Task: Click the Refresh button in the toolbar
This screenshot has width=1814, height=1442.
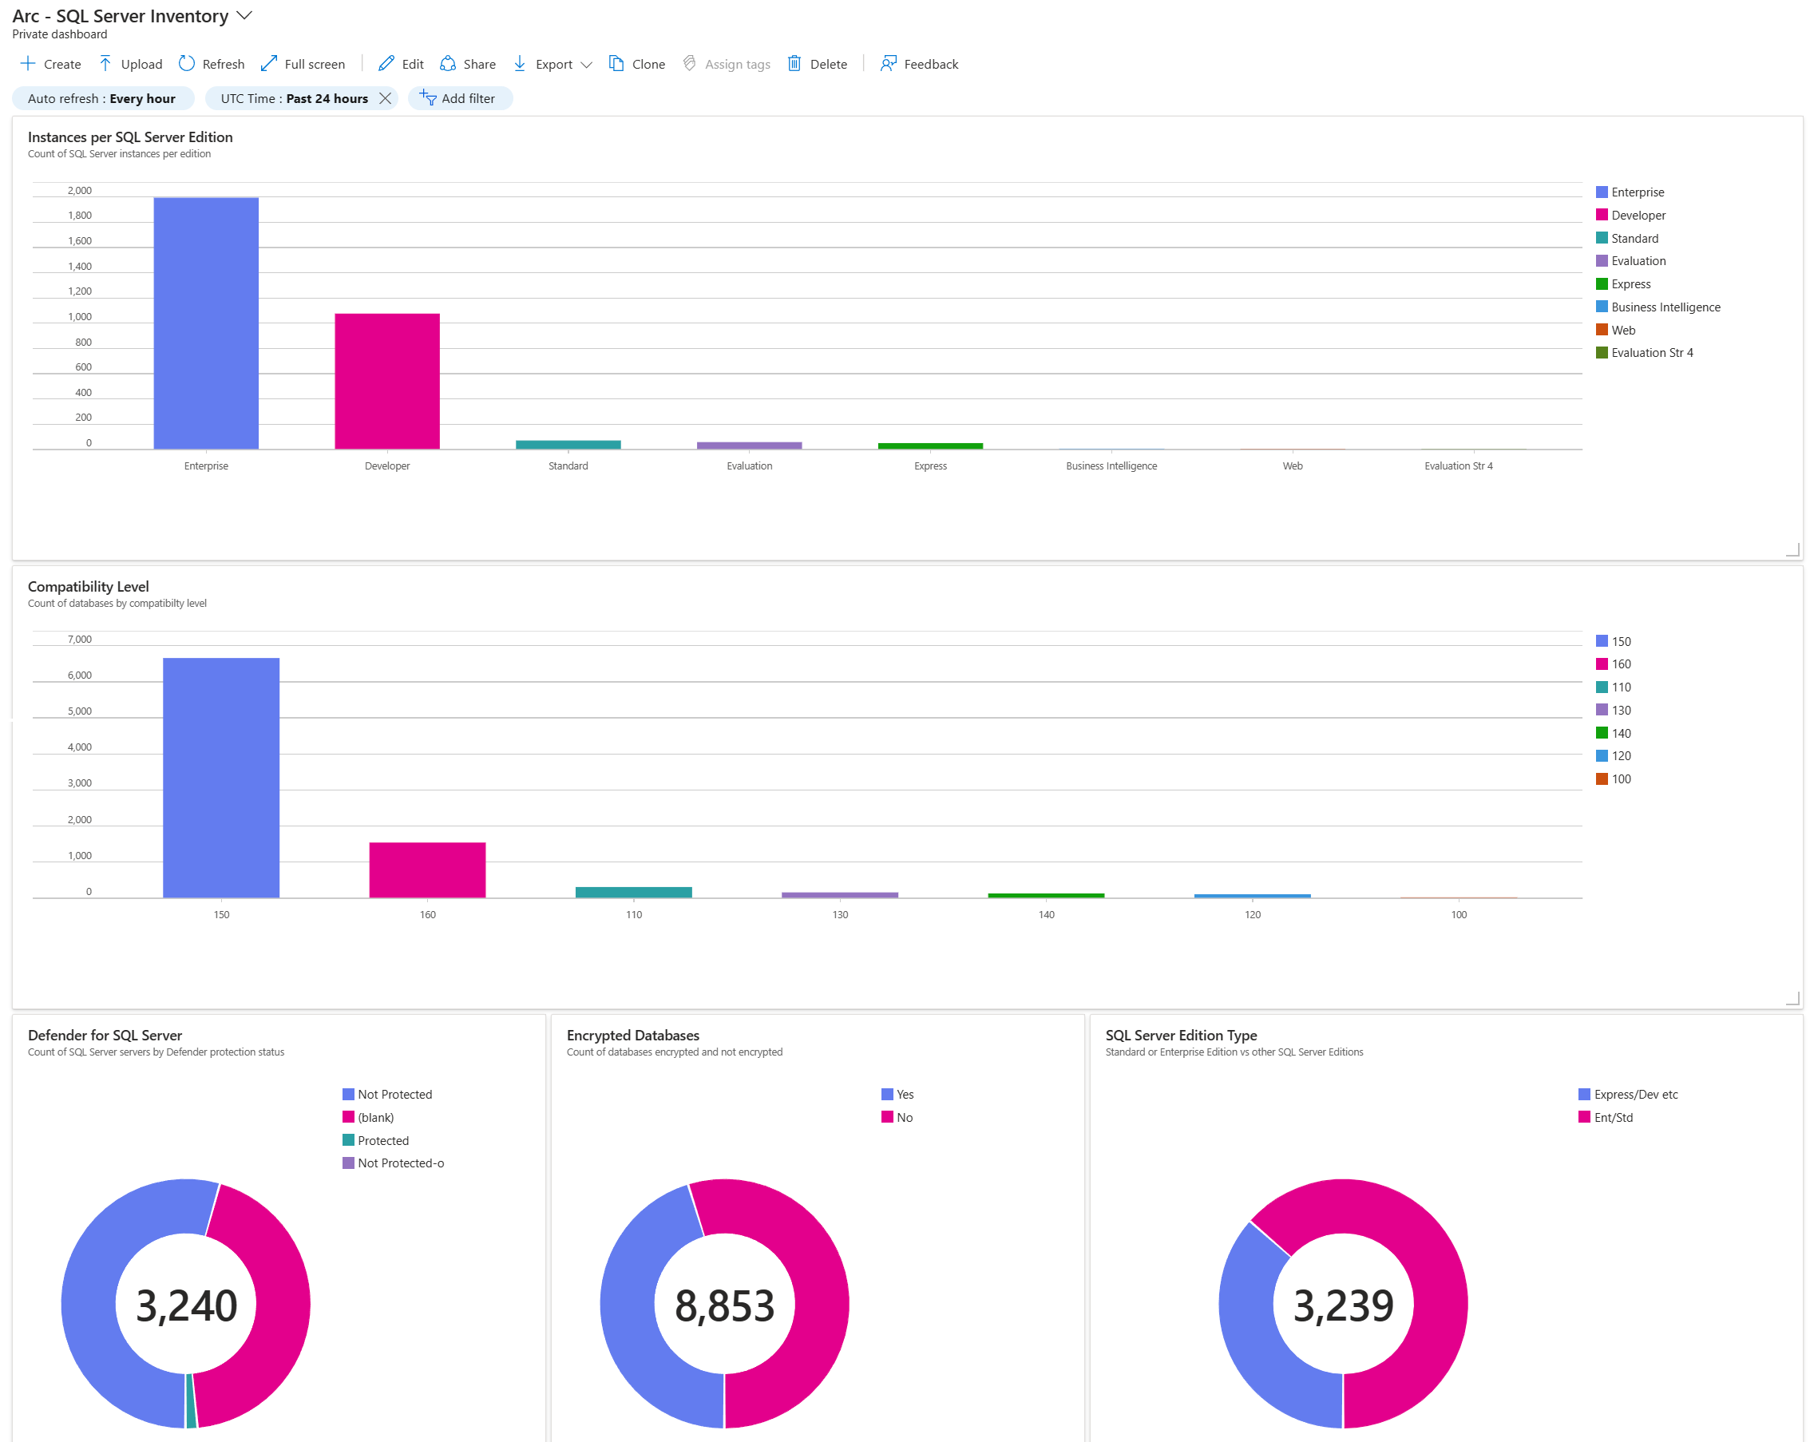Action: [x=212, y=64]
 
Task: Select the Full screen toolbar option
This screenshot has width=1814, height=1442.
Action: [x=303, y=64]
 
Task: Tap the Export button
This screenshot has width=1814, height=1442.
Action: [x=552, y=64]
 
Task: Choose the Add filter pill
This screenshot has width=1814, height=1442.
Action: [x=460, y=98]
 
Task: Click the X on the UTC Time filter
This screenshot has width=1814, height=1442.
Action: [x=386, y=98]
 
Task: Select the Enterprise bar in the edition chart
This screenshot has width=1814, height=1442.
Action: [x=206, y=323]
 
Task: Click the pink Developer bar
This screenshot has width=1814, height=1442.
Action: [x=387, y=381]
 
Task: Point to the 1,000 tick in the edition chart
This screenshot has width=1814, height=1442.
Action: [x=80, y=317]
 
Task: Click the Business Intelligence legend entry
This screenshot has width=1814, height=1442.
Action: [x=1665, y=307]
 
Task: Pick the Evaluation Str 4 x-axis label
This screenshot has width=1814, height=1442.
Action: [x=1458, y=466]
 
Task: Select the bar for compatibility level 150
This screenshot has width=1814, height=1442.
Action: [x=221, y=778]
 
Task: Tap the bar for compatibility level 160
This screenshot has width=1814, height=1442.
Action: [x=427, y=870]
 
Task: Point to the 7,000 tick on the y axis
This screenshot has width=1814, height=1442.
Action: [x=80, y=640]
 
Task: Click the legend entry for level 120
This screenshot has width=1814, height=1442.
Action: [x=1621, y=755]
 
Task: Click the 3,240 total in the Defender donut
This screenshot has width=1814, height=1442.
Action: [x=186, y=1305]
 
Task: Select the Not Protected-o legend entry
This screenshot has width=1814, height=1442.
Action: [x=401, y=1163]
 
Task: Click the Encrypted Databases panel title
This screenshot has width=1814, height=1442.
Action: [x=632, y=1035]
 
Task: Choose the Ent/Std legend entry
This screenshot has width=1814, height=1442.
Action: [x=1613, y=1117]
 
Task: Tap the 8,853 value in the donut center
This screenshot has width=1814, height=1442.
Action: [x=724, y=1305]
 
